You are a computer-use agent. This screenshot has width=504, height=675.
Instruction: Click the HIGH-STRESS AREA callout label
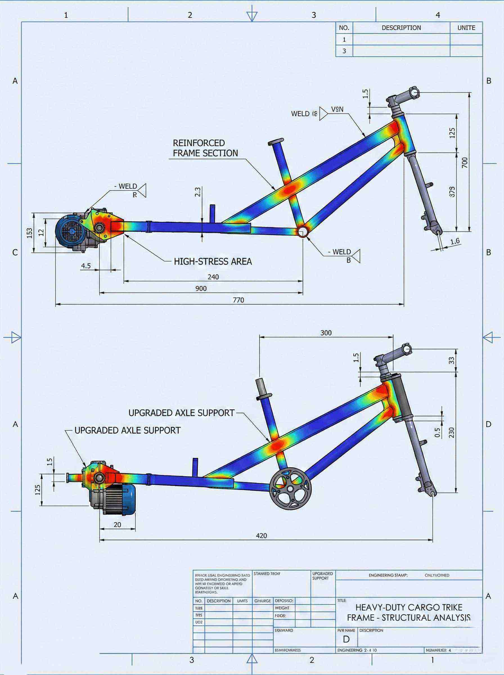click(213, 261)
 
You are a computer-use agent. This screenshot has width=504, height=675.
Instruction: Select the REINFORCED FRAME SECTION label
click(205, 148)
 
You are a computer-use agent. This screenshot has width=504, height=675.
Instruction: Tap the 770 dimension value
click(238, 300)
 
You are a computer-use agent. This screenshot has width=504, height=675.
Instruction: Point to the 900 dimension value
click(201, 289)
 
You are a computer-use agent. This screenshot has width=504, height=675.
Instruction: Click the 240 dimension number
click(213, 277)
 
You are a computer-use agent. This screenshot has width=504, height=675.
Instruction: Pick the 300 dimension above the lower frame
click(326, 333)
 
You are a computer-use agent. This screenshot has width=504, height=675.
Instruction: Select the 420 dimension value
click(262, 536)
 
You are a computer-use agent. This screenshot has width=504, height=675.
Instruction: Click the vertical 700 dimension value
click(464, 162)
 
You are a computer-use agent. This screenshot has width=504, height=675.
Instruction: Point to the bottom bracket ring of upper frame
click(303, 231)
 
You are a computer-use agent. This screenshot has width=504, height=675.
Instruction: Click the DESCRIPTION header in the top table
click(401, 28)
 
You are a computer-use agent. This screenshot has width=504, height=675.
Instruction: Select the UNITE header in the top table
click(466, 28)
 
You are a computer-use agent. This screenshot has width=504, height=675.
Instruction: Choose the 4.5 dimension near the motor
click(86, 266)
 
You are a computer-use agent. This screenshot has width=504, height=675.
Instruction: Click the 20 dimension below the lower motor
click(117, 525)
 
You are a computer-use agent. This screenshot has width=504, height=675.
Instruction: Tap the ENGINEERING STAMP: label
click(388, 575)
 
